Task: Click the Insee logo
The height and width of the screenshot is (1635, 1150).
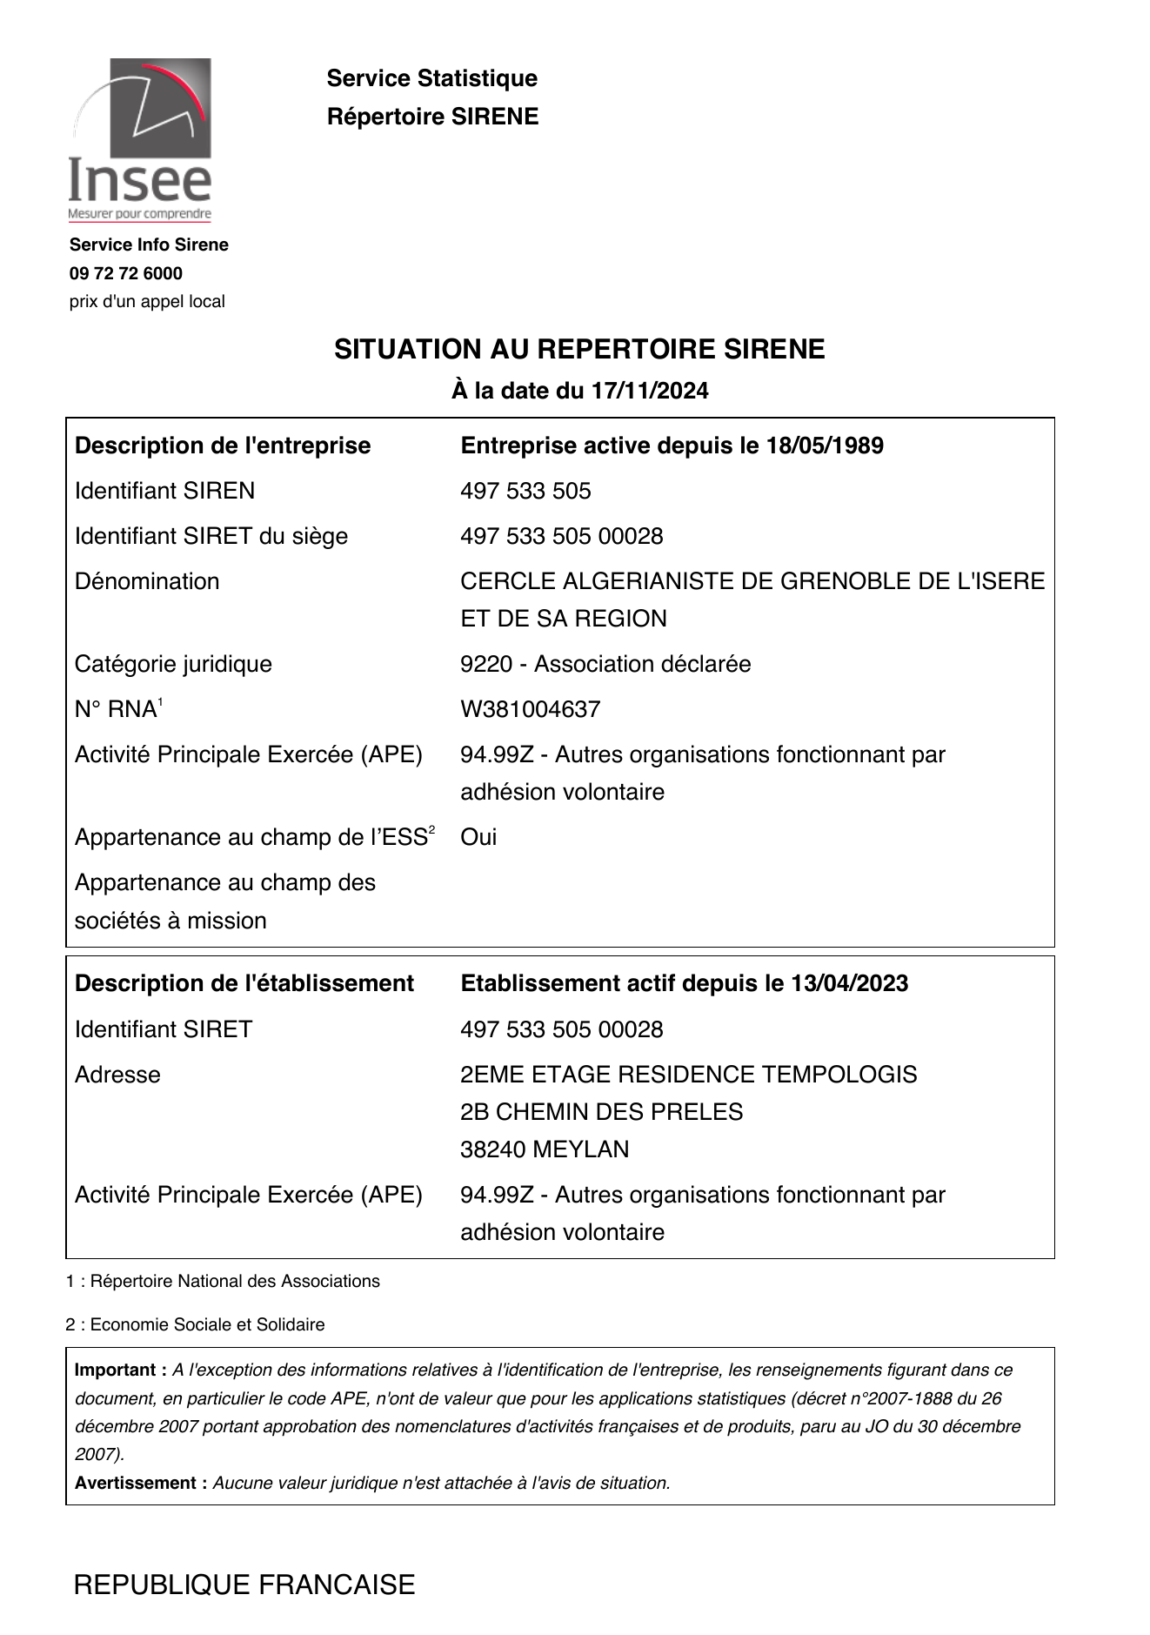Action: (140, 139)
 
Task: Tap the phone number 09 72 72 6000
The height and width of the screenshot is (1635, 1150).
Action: (126, 273)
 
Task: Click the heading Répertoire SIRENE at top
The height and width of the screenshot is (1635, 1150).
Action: (432, 117)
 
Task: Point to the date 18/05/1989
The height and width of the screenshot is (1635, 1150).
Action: (825, 446)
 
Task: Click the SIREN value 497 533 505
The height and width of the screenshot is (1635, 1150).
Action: (525, 491)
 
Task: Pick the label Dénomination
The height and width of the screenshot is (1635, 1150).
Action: (147, 581)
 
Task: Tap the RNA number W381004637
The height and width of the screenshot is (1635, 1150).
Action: (530, 709)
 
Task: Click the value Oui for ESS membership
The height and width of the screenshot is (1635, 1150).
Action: (478, 837)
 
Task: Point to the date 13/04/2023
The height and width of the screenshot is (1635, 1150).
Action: (850, 983)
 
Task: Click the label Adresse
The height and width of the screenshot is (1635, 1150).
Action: (117, 1075)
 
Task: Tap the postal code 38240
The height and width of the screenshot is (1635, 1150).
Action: (492, 1149)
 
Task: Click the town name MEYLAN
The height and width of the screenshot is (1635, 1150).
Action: (580, 1149)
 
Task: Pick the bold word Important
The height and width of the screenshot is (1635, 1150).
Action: (116, 1370)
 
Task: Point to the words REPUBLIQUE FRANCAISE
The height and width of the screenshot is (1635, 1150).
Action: (244, 1585)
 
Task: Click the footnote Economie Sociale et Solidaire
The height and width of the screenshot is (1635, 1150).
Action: (207, 1324)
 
